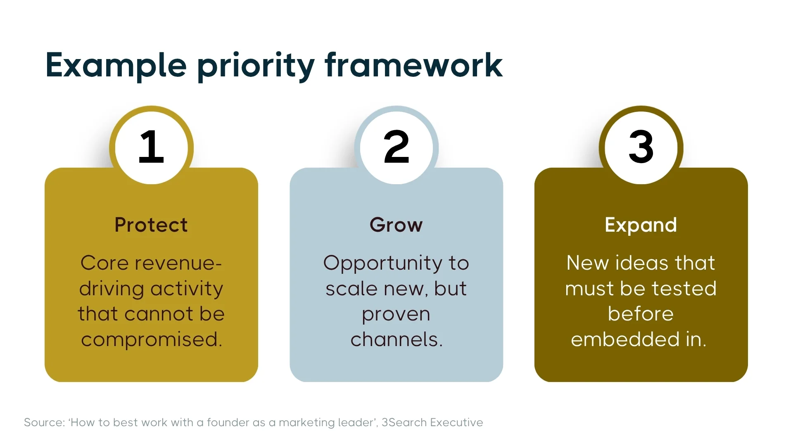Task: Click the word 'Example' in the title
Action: [116, 65]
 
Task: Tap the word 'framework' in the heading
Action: [413, 65]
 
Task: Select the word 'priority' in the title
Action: [256, 66]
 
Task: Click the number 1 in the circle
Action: [151, 147]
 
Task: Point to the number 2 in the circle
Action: [396, 147]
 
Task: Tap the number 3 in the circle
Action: [641, 147]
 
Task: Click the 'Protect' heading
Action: [151, 225]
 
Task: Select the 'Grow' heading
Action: [396, 225]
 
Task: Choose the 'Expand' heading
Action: [641, 225]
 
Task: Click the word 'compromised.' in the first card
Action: [152, 340]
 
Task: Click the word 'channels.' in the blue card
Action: [396, 339]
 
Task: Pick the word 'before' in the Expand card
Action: [641, 314]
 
